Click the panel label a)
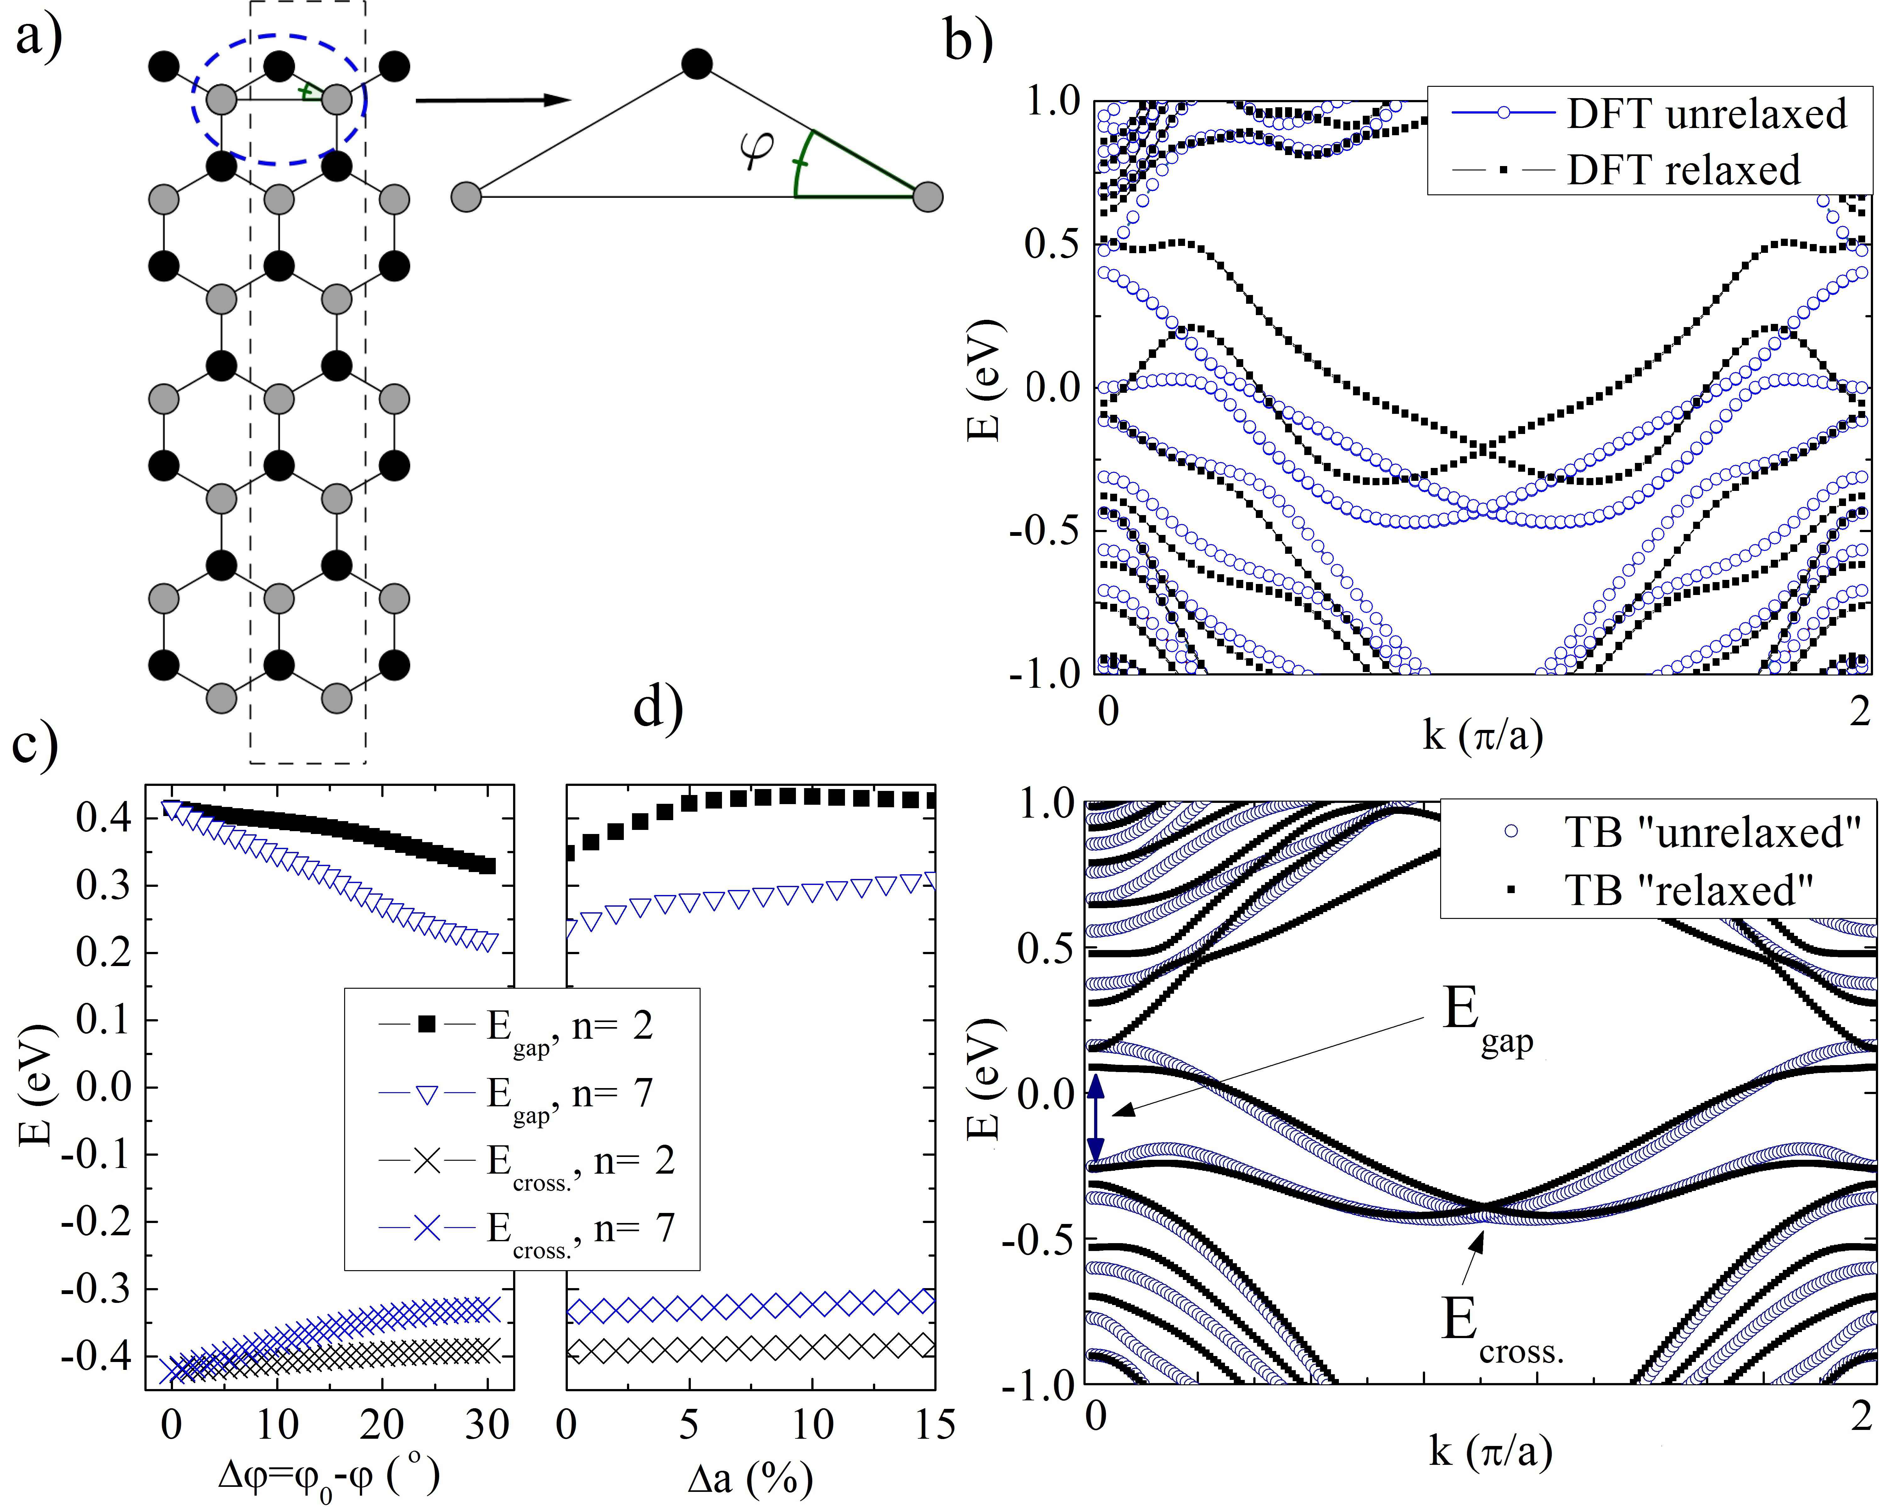tap(39, 37)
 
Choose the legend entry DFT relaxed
tap(1683, 169)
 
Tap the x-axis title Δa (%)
tap(750, 1479)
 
